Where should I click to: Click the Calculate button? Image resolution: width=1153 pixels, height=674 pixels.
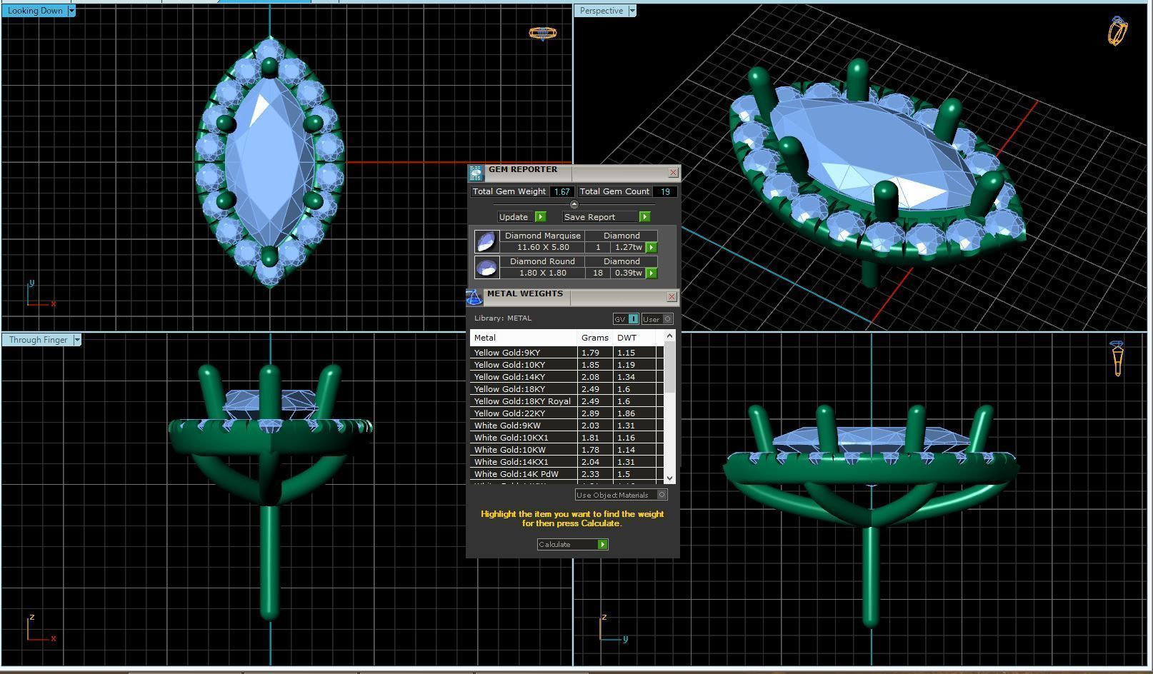(x=572, y=545)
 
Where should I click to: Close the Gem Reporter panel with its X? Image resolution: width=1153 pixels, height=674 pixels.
(x=673, y=173)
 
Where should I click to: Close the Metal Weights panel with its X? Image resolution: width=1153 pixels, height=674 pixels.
(x=672, y=297)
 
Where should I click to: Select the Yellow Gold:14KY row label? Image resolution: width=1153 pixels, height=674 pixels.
(x=509, y=377)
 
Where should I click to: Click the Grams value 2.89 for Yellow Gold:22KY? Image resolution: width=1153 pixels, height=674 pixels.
(x=590, y=413)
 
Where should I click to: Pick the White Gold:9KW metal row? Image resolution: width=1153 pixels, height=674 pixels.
(x=507, y=426)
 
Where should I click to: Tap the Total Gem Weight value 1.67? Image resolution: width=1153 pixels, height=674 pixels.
(x=561, y=192)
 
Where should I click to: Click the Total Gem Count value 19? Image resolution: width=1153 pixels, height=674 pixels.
(x=664, y=192)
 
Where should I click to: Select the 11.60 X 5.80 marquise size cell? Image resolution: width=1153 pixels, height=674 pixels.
(x=543, y=247)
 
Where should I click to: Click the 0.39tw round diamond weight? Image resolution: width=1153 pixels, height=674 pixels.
(x=628, y=273)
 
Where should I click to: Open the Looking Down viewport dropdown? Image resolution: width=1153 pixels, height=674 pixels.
(x=71, y=11)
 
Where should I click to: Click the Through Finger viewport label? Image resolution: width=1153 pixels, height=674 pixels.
(x=38, y=340)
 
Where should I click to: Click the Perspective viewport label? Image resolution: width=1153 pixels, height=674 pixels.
(x=601, y=11)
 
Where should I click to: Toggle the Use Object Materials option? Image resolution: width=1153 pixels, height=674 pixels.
(x=662, y=495)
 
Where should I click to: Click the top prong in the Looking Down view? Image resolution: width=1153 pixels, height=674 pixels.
(x=269, y=68)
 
